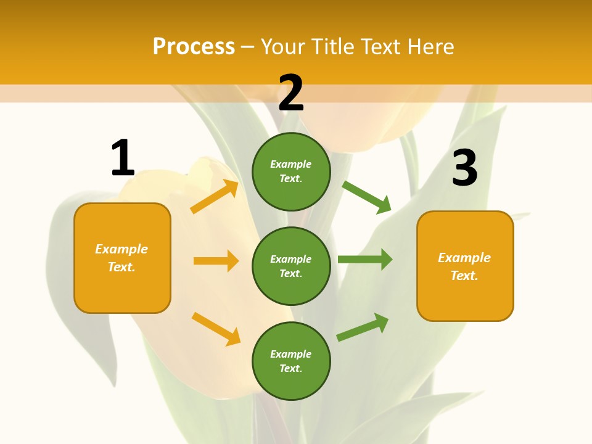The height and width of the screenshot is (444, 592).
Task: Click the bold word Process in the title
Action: pyautogui.click(x=194, y=47)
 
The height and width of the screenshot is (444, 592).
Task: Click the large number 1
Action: pyautogui.click(x=122, y=158)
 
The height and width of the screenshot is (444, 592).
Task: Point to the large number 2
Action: pyautogui.click(x=291, y=92)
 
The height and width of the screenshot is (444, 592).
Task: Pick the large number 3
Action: pyautogui.click(x=464, y=168)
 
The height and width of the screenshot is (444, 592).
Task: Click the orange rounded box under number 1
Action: pyautogui.click(x=122, y=258)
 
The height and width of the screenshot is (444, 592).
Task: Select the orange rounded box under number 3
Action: pyautogui.click(x=465, y=266)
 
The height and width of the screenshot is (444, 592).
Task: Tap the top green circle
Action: pyautogui.click(x=291, y=171)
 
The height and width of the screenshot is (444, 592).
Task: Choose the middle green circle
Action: pyautogui.click(x=291, y=266)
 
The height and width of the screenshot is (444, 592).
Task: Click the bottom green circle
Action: pyautogui.click(x=291, y=361)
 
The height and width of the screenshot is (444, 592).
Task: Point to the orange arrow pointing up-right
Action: pyautogui.click(x=215, y=197)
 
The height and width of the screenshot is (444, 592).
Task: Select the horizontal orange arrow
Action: pyautogui.click(x=216, y=261)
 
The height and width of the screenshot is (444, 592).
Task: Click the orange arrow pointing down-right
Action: pyautogui.click(x=216, y=329)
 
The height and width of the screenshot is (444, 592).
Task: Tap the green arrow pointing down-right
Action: pyautogui.click(x=367, y=197)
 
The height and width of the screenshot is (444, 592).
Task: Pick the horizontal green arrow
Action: pyautogui.click(x=365, y=259)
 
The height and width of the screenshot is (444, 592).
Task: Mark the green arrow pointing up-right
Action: pyautogui.click(x=363, y=327)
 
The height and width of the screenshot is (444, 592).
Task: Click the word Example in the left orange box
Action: pyautogui.click(x=121, y=249)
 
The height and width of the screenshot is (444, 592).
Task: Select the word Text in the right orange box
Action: pyautogui.click(x=463, y=276)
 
